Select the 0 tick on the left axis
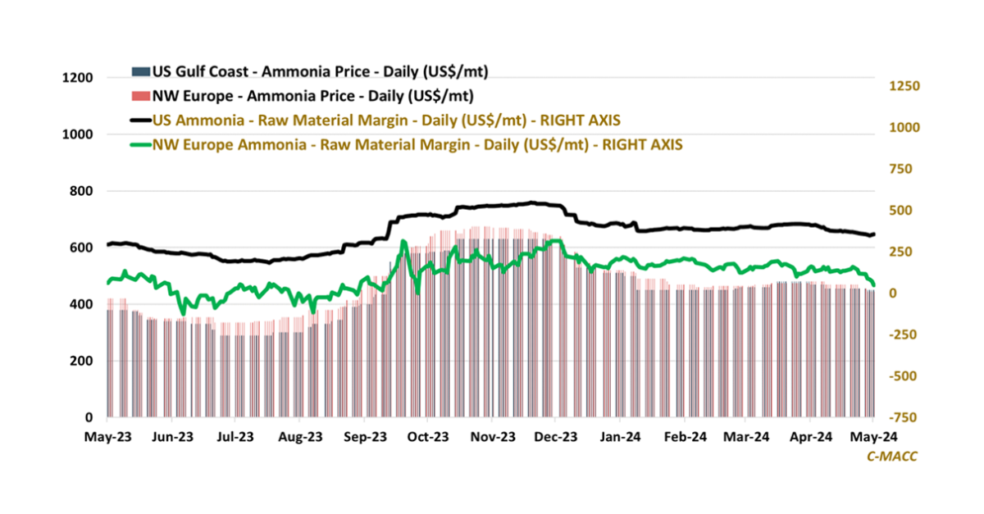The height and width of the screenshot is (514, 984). click(90, 417)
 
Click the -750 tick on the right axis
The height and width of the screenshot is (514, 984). click(902, 417)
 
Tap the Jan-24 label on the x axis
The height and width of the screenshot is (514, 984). click(620, 437)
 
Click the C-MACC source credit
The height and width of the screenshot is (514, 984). click(892, 457)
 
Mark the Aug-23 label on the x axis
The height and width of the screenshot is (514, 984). click(299, 437)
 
